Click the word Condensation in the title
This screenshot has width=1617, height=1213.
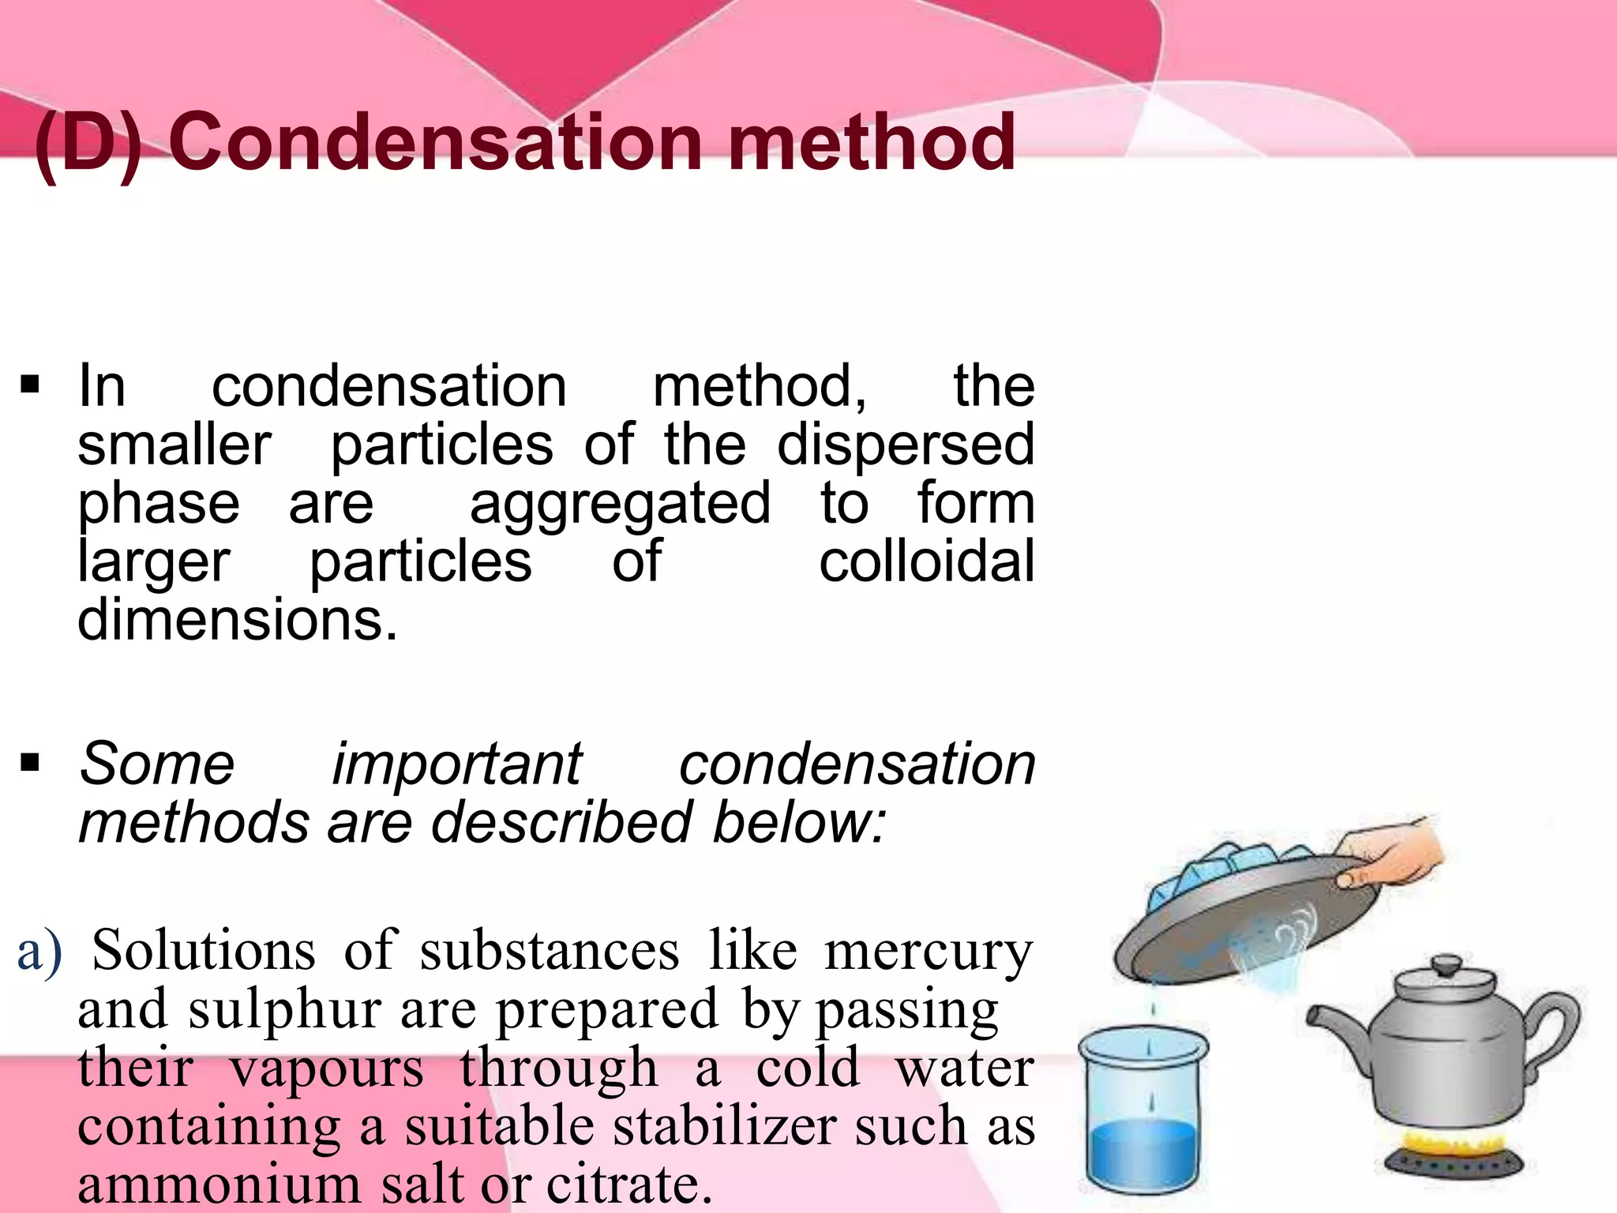[435, 142]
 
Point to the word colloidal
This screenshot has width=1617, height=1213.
[926, 561]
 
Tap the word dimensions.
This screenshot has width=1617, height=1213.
[238, 620]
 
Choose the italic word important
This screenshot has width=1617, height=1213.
[456, 764]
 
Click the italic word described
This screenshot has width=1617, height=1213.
[561, 822]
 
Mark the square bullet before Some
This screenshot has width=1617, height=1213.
[30, 763]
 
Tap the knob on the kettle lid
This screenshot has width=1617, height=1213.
[1447, 965]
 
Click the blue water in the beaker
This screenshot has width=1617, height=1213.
[1142, 1154]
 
